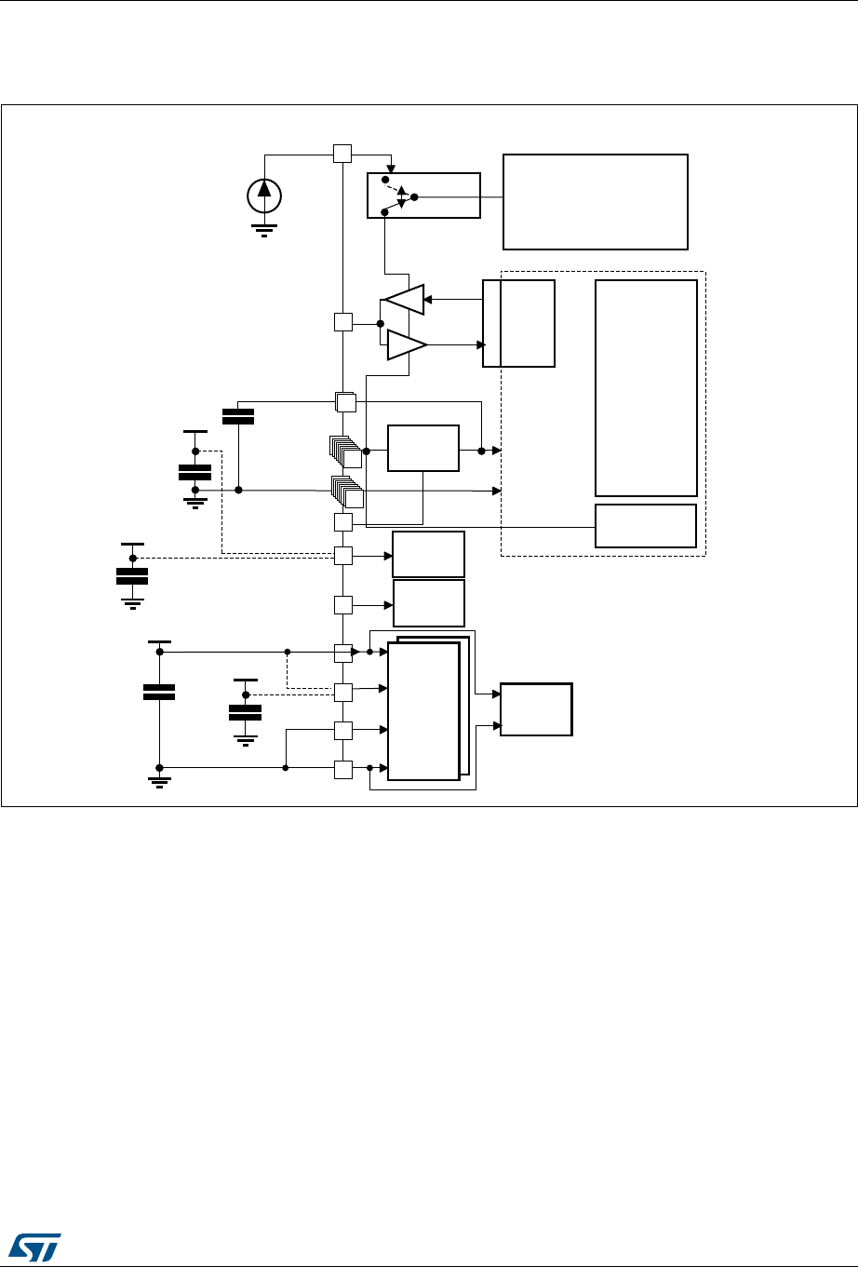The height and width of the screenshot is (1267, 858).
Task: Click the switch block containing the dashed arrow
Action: point(423,195)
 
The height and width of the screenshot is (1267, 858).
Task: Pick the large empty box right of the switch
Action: point(595,202)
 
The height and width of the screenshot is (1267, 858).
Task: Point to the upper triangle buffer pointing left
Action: point(405,299)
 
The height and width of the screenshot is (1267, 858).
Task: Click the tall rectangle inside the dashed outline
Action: point(646,387)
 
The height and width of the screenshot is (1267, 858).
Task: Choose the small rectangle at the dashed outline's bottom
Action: point(646,526)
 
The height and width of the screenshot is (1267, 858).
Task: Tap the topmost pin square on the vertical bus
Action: point(342,153)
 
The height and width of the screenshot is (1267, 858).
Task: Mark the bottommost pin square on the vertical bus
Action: point(342,769)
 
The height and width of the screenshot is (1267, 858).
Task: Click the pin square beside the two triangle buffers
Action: point(342,323)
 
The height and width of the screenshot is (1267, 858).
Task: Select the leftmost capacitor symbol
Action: point(132,574)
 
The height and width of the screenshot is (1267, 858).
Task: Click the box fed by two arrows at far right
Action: point(536,709)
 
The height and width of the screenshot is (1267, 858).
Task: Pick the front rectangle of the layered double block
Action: point(423,710)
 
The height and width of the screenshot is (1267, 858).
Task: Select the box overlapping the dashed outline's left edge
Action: point(518,323)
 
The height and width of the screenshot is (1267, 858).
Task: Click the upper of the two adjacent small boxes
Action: point(428,555)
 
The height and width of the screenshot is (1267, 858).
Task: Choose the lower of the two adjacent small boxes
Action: point(428,603)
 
